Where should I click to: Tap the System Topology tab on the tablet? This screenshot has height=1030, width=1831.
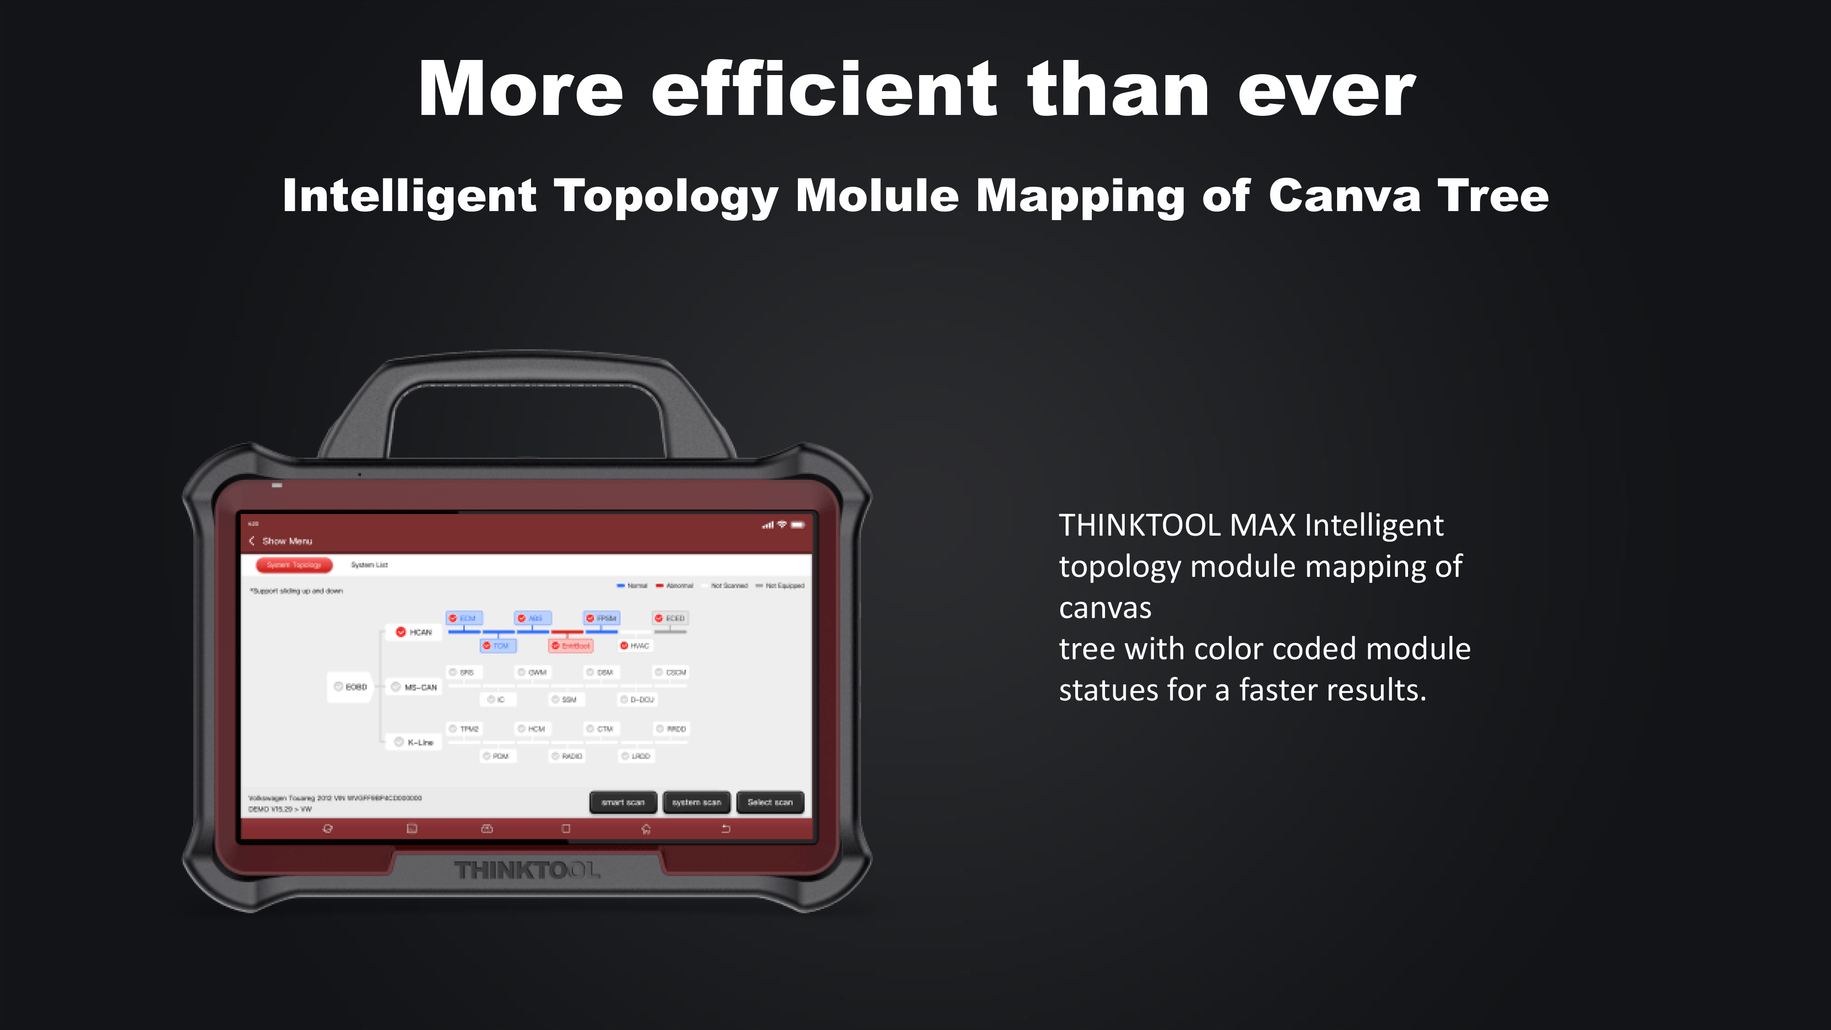point(293,565)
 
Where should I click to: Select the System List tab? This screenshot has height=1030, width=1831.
point(369,565)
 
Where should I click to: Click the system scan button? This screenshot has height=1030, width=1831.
point(696,802)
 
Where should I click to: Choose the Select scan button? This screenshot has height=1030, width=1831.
point(770,802)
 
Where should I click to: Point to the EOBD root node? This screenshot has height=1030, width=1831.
point(351,687)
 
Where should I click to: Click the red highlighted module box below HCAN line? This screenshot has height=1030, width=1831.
point(571,646)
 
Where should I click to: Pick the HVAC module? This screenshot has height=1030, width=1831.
point(635,646)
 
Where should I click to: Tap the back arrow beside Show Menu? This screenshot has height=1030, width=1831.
point(252,541)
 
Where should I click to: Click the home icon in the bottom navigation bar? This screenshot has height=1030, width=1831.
point(645,829)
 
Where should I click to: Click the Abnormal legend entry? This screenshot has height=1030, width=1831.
point(675,586)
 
